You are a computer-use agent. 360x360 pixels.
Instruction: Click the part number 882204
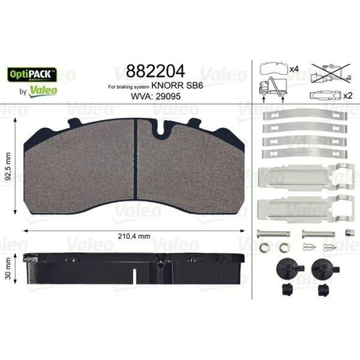(155, 71)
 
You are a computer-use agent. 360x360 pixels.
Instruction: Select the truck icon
(271, 89)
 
